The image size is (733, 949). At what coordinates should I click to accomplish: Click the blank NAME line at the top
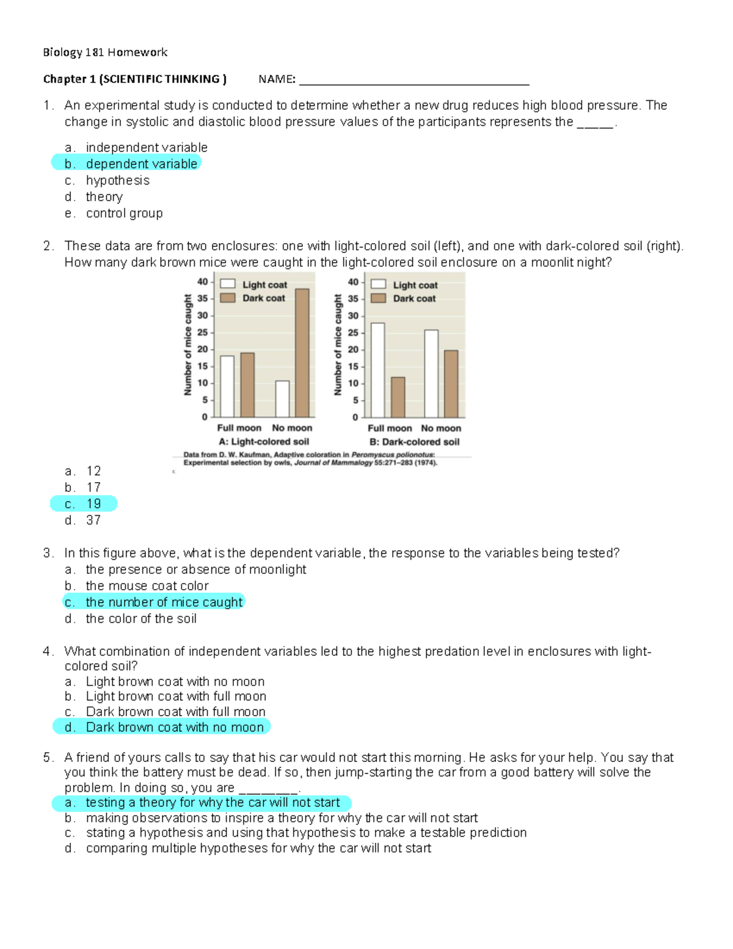point(414,80)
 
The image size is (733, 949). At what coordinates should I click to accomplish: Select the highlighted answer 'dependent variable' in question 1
point(141,164)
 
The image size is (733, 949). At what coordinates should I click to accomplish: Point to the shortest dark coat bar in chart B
point(398,397)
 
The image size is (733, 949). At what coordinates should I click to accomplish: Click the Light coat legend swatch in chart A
point(228,284)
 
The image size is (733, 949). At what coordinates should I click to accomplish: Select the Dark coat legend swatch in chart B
point(379,298)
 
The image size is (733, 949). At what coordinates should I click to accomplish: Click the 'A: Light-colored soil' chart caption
point(264,442)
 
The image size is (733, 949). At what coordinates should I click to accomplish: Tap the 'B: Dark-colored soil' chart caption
point(414,442)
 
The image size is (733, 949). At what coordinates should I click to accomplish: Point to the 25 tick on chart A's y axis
point(202,332)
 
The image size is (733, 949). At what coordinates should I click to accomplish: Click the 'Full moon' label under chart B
point(390,428)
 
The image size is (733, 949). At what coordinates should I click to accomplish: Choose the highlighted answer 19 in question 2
point(93,504)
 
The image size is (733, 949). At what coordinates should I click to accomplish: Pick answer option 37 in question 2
point(93,521)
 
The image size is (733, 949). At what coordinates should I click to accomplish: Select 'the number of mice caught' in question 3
point(164,603)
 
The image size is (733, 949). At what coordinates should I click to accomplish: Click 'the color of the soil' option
point(141,619)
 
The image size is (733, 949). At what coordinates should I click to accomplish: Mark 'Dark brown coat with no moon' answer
point(175,727)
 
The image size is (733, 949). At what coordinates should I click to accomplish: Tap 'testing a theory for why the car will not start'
point(212,803)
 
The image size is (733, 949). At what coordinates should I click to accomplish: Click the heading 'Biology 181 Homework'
point(105,53)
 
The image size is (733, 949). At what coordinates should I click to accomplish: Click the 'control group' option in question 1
point(124,213)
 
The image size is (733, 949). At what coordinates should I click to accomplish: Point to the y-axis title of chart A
point(188,345)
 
